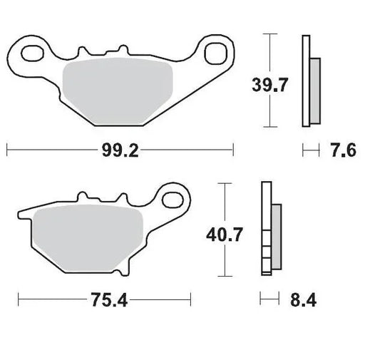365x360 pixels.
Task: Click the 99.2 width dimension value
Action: pos(120,150)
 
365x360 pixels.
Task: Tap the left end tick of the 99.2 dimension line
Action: pos(6,150)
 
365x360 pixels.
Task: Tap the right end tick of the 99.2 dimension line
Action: pos(233,150)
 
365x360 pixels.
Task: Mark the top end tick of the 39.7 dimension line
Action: pos(268,33)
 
